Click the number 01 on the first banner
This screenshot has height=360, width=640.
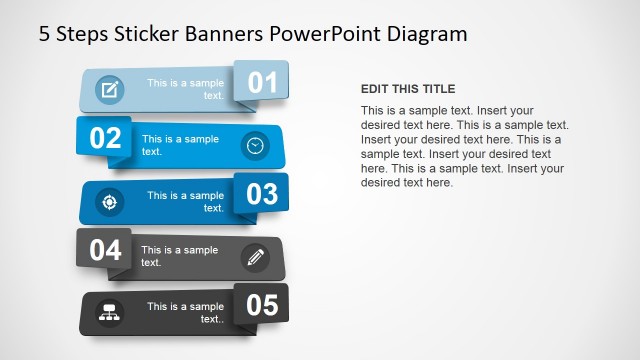pyautogui.click(x=261, y=82)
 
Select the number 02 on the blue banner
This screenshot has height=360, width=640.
pyautogui.click(x=105, y=138)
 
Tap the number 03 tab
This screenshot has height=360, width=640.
pyautogui.click(x=261, y=193)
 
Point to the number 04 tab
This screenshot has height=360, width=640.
pyautogui.click(x=105, y=249)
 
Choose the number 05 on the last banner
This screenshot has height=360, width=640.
pyautogui.click(x=261, y=304)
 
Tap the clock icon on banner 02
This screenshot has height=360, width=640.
pyautogui.click(x=256, y=146)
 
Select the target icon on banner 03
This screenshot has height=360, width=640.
pyautogui.click(x=109, y=202)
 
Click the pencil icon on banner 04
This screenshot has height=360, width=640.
pyautogui.click(x=255, y=257)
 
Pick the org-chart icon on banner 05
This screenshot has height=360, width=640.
pyautogui.click(x=109, y=313)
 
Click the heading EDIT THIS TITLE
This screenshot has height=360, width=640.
pyautogui.click(x=407, y=89)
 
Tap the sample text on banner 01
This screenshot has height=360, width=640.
pyautogui.click(x=185, y=89)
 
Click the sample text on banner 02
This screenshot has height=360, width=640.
pyautogui.click(x=180, y=145)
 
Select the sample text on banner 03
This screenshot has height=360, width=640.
pyautogui.click(x=185, y=201)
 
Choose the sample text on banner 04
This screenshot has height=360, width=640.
pyautogui.click(x=179, y=256)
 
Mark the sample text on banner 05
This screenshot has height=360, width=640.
pyautogui.click(x=185, y=312)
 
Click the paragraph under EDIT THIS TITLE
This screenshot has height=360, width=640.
pyautogui.click(x=464, y=146)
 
